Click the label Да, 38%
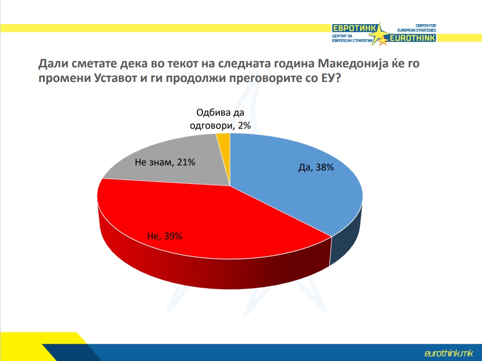316,167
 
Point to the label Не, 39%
165,236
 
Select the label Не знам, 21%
165,162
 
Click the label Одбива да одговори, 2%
220,119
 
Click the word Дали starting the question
53,64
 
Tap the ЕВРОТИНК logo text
354,28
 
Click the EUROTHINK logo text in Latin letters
413,38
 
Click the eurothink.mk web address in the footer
448,353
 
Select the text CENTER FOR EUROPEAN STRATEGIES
417,28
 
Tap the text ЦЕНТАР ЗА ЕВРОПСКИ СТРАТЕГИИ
352,38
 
